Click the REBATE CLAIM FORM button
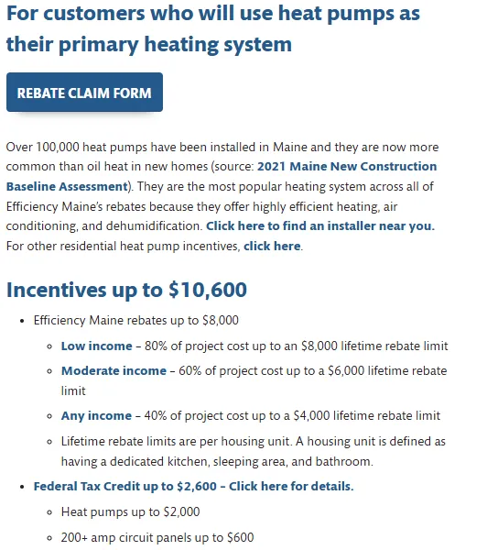(84, 93)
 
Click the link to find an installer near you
(319, 225)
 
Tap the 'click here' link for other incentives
(272, 246)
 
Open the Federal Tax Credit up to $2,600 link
(193, 486)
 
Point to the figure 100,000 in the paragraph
(58, 147)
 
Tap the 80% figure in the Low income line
(154, 346)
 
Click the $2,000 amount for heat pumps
(179, 511)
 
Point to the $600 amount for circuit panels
(238, 537)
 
